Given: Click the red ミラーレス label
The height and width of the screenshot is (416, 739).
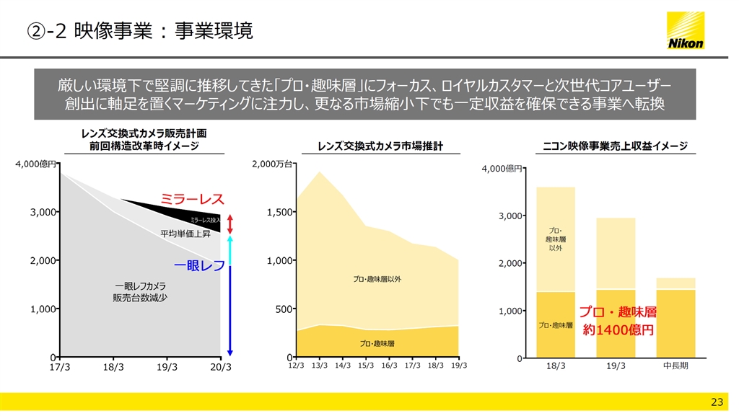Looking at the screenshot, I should [x=192, y=199].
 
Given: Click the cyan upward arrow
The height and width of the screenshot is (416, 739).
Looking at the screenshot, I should [x=230, y=249].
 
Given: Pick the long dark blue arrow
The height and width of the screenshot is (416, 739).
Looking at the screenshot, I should [x=230, y=311].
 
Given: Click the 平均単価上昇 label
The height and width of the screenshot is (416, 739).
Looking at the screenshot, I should [x=185, y=234].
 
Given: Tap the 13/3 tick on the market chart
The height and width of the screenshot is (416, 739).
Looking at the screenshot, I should [x=320, y=366].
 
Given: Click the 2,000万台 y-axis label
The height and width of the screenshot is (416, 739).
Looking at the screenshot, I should [x=272, y=164].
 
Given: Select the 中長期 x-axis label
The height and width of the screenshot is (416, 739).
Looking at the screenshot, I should [x=675, y=366].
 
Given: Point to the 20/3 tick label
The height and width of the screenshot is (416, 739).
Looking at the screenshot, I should [x=221, y=366].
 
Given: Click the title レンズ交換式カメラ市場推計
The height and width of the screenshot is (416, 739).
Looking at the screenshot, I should [x=380, y=146].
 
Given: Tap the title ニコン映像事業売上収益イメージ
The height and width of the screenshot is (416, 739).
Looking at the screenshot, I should [x=616, y=146].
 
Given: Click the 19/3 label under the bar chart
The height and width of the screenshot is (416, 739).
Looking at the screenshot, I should [x=616, y=366].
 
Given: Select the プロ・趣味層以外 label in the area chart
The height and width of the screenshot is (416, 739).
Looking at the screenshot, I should [x=377, y=278].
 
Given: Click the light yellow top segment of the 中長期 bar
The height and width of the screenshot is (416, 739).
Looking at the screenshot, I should [x=675, y=283].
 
